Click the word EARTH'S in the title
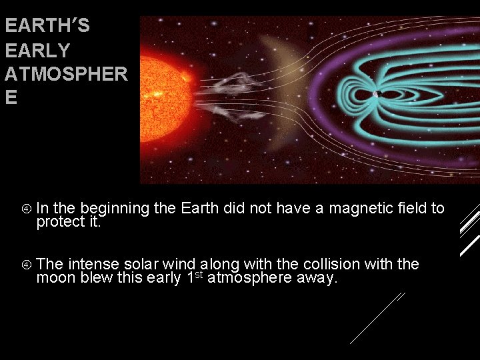point(47,27)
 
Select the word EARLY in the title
point(37,51)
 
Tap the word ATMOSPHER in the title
point(65,74)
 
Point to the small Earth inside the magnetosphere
point(375,94)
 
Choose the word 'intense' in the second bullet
point(94,265)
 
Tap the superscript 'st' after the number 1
point(199,274)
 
